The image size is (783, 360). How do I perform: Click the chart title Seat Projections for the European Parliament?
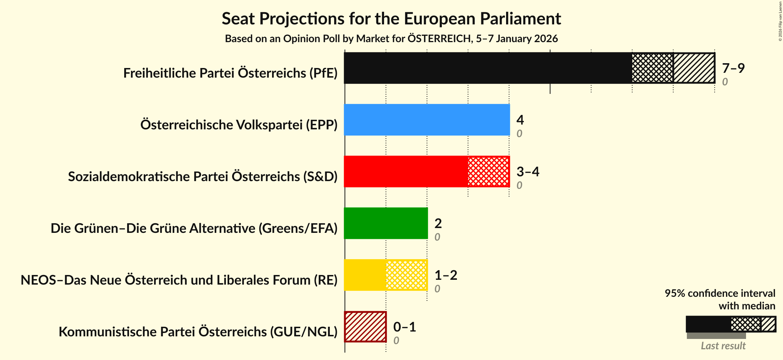391,18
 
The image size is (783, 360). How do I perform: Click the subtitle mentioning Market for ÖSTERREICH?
391,39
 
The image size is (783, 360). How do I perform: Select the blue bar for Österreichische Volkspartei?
427,120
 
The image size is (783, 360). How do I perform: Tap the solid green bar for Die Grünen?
386,223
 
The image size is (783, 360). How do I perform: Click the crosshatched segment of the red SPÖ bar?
488,171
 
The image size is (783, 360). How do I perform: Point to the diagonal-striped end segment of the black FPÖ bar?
694,68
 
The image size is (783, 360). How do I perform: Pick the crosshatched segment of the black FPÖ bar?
652,68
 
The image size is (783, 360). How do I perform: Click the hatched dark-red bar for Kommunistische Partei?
365,327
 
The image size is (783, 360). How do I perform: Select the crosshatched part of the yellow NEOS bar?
406,275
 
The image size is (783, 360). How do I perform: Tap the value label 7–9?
733,68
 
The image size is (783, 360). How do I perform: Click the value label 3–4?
528,171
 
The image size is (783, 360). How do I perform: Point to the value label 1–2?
445,275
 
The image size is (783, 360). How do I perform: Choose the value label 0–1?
404,327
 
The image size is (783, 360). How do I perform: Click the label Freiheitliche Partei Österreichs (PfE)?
230,73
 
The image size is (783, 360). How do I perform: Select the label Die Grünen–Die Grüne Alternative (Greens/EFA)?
194,228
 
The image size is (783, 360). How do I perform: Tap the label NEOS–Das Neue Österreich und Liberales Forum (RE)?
179,280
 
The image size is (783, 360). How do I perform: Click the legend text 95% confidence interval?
719,293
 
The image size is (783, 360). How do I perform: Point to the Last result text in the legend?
723,346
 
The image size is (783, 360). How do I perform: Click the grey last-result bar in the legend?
716,336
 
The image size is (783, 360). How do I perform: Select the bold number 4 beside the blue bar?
520,120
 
